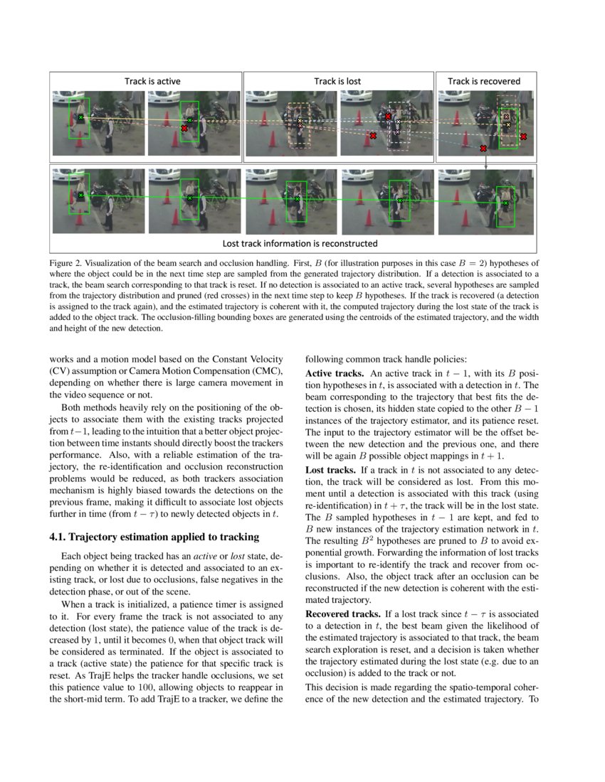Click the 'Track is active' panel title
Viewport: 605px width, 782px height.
pos(152,81)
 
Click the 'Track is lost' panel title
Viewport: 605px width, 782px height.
pos(337,81)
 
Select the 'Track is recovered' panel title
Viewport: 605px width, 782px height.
pos(483,81)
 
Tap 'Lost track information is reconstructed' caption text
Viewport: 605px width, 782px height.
pos(300,243)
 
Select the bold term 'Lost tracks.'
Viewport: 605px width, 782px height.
pos(330,470)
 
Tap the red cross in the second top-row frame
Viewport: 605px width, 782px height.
pos(184,128)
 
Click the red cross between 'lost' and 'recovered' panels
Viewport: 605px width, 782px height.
pos(483,148)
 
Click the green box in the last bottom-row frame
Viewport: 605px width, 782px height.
pos(506,206)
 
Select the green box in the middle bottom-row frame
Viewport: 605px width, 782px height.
pos(295,201)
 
